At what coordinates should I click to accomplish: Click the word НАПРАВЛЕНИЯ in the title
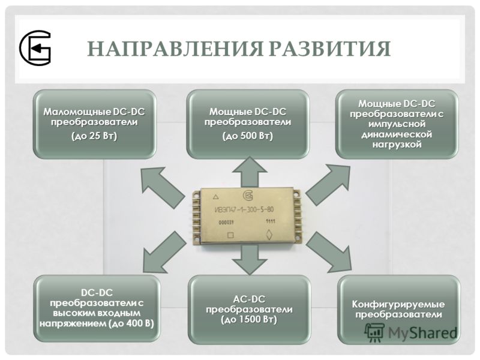click(175, 49)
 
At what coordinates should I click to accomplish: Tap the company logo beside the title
click(35, 48)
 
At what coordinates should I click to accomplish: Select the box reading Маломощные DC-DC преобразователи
click(95, 124)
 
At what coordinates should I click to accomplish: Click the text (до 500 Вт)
click(248, 136)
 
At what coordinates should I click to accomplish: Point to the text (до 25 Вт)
click(94, 136)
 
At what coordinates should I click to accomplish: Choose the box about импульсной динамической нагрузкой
click(397, 124)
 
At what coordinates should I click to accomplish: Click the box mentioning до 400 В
click(97, 308)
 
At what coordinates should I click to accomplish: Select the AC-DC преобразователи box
click(249, 309)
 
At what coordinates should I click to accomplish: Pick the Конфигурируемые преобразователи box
click(398, 309)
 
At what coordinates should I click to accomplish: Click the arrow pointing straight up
click(250, 172)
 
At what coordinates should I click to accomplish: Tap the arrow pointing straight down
click(250, 260)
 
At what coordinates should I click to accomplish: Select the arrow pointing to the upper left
click(161, 186)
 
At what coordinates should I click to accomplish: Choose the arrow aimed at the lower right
click(329, 252)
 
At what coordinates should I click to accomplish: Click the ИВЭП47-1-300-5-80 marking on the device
click(244, 209)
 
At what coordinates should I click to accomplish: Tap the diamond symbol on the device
click(269, 235)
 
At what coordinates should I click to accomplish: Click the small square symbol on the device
click(230, 235)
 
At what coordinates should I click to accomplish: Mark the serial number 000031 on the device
click(226, 222)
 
